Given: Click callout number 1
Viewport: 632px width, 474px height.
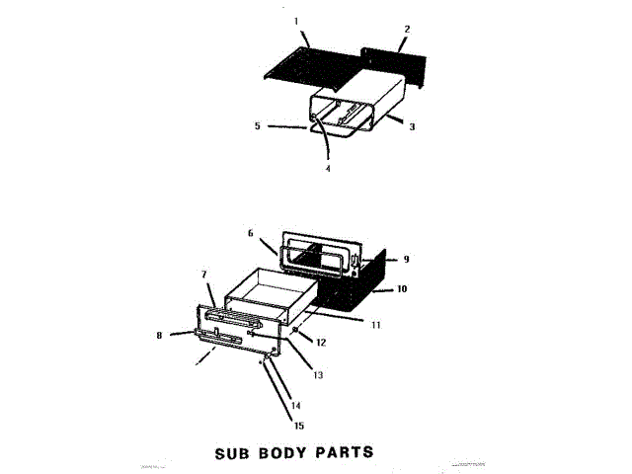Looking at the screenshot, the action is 294,21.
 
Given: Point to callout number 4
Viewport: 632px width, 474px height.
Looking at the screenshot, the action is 329,169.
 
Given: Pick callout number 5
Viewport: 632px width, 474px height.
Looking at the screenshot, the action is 258,125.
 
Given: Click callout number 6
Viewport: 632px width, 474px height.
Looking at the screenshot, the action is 251,233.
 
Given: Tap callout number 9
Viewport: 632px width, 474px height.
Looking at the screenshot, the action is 405,260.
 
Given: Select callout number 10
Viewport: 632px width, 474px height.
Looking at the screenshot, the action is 402,289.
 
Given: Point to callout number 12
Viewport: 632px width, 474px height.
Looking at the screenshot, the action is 321,342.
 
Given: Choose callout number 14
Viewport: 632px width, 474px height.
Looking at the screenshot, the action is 295,405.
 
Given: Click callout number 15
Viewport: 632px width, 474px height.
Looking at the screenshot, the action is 298,426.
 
